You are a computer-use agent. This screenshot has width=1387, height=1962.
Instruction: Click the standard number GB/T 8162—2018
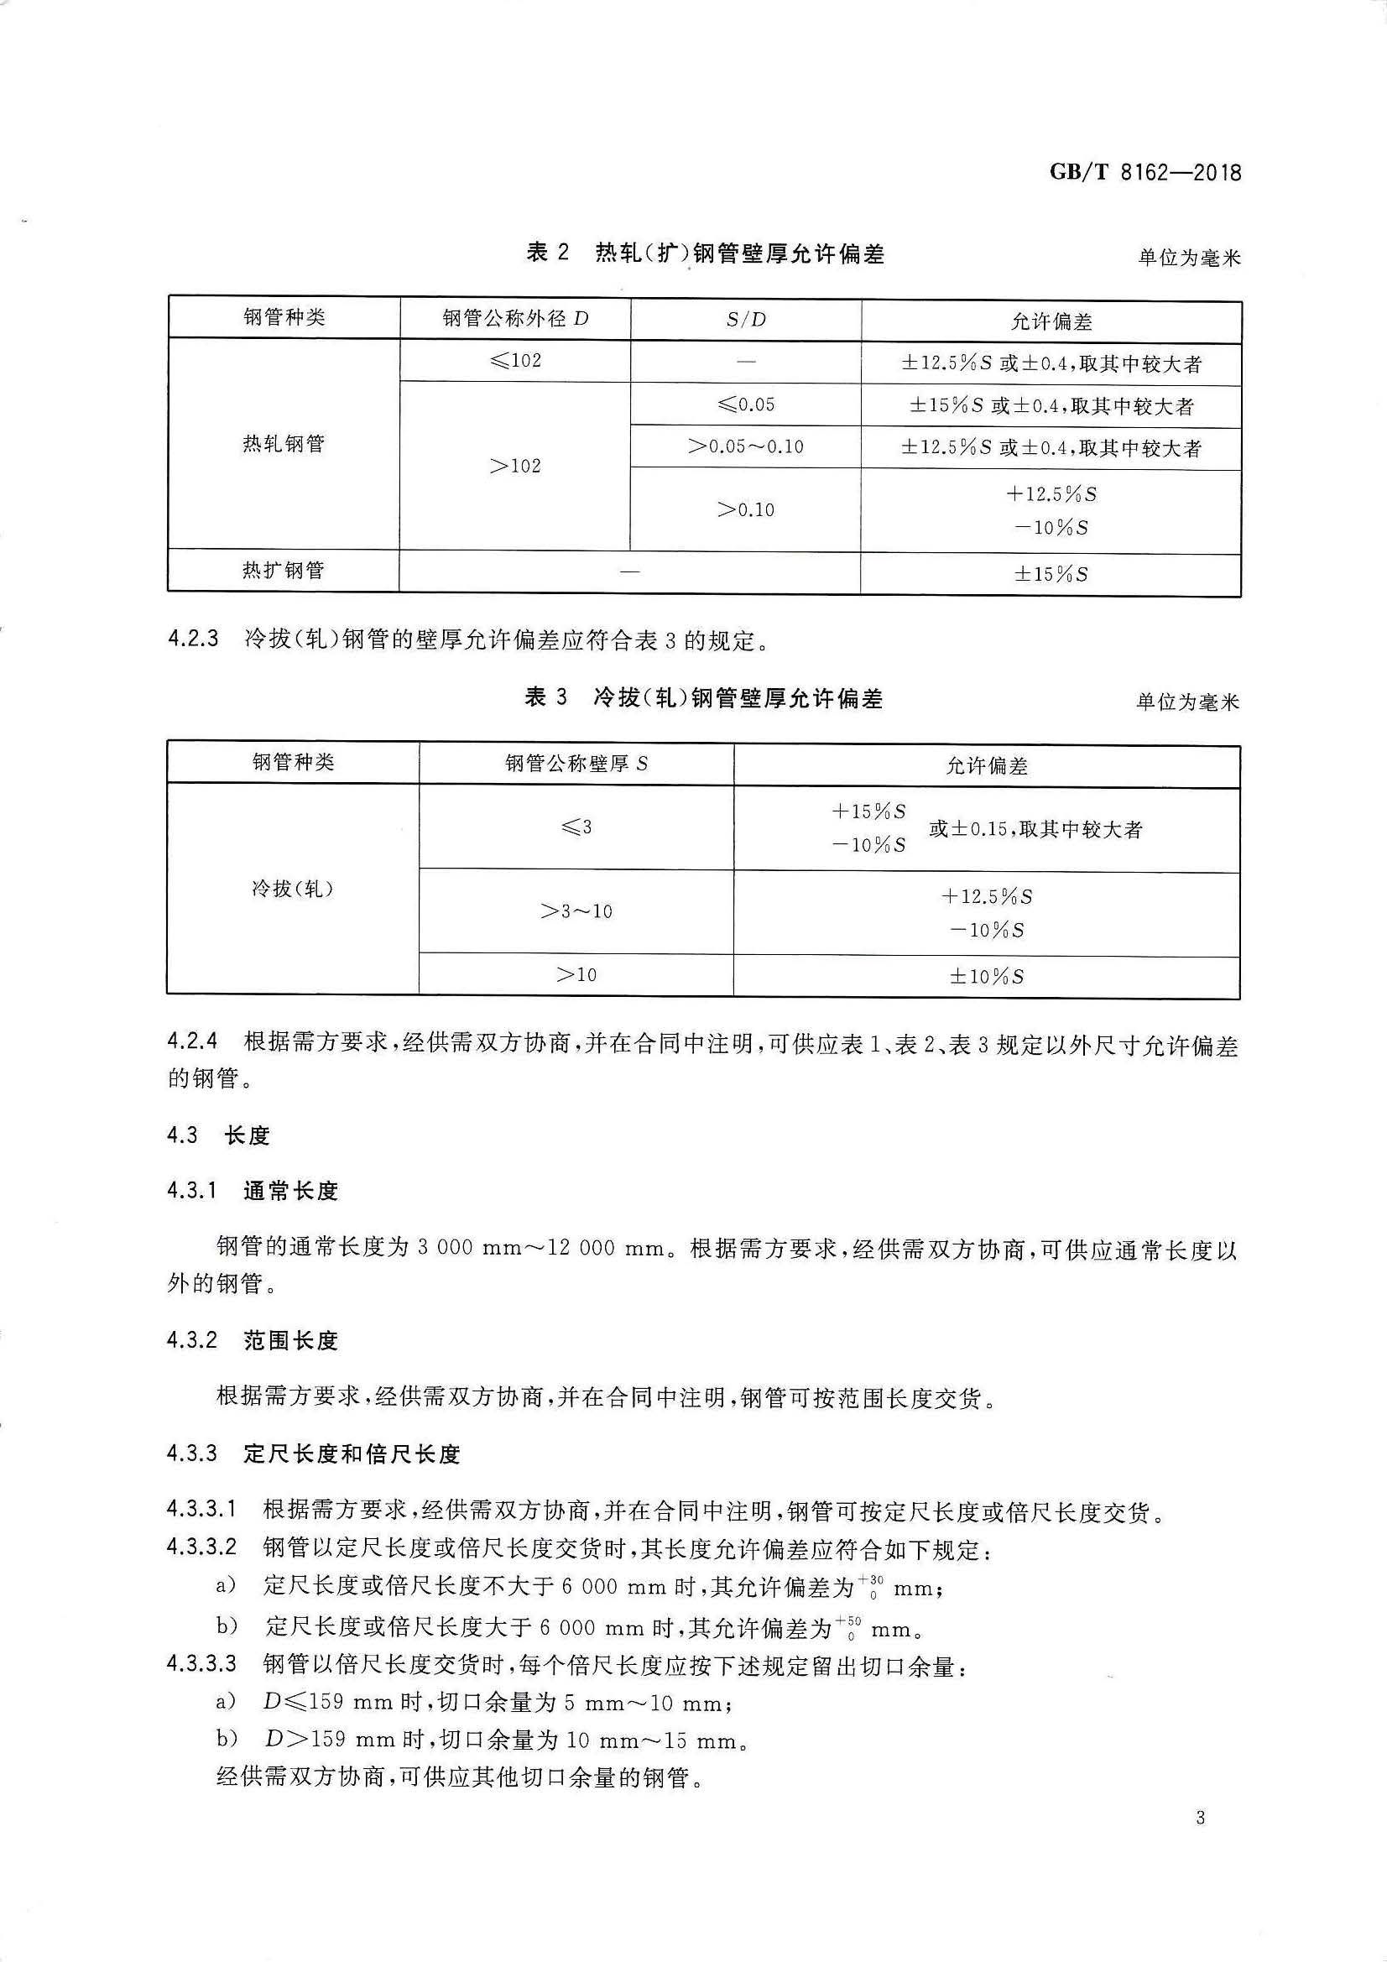tap(1145, 172)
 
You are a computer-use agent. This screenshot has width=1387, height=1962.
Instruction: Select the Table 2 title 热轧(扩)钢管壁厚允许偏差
tap(705, 253)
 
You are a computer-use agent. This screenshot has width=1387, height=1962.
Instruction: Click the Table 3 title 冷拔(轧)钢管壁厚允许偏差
tap(703, 698)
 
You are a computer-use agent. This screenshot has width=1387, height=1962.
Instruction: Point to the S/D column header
tap(745, 320)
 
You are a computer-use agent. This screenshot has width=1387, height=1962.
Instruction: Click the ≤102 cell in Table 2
tap(515, 361)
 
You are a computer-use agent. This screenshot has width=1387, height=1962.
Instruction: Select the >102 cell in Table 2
tap(515, 466)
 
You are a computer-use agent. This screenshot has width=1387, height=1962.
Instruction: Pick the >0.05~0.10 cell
tap(745, 446)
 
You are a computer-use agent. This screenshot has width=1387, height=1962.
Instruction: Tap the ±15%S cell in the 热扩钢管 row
tap(1051, 573)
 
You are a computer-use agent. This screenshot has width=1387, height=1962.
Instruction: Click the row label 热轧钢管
tap(284, 443)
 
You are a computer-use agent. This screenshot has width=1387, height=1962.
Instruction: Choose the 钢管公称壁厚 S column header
tap(576, 763)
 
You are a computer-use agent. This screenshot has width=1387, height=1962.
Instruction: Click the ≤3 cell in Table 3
tap(576, 827)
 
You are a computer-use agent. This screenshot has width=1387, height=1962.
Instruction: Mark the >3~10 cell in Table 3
tap(576, 912)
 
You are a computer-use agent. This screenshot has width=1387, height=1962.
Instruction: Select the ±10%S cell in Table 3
tap(986, 976)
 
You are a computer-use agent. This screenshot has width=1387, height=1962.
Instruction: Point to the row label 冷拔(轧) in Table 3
tap(292, 889)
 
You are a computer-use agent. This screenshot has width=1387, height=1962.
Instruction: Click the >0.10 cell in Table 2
tap(745, 510)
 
